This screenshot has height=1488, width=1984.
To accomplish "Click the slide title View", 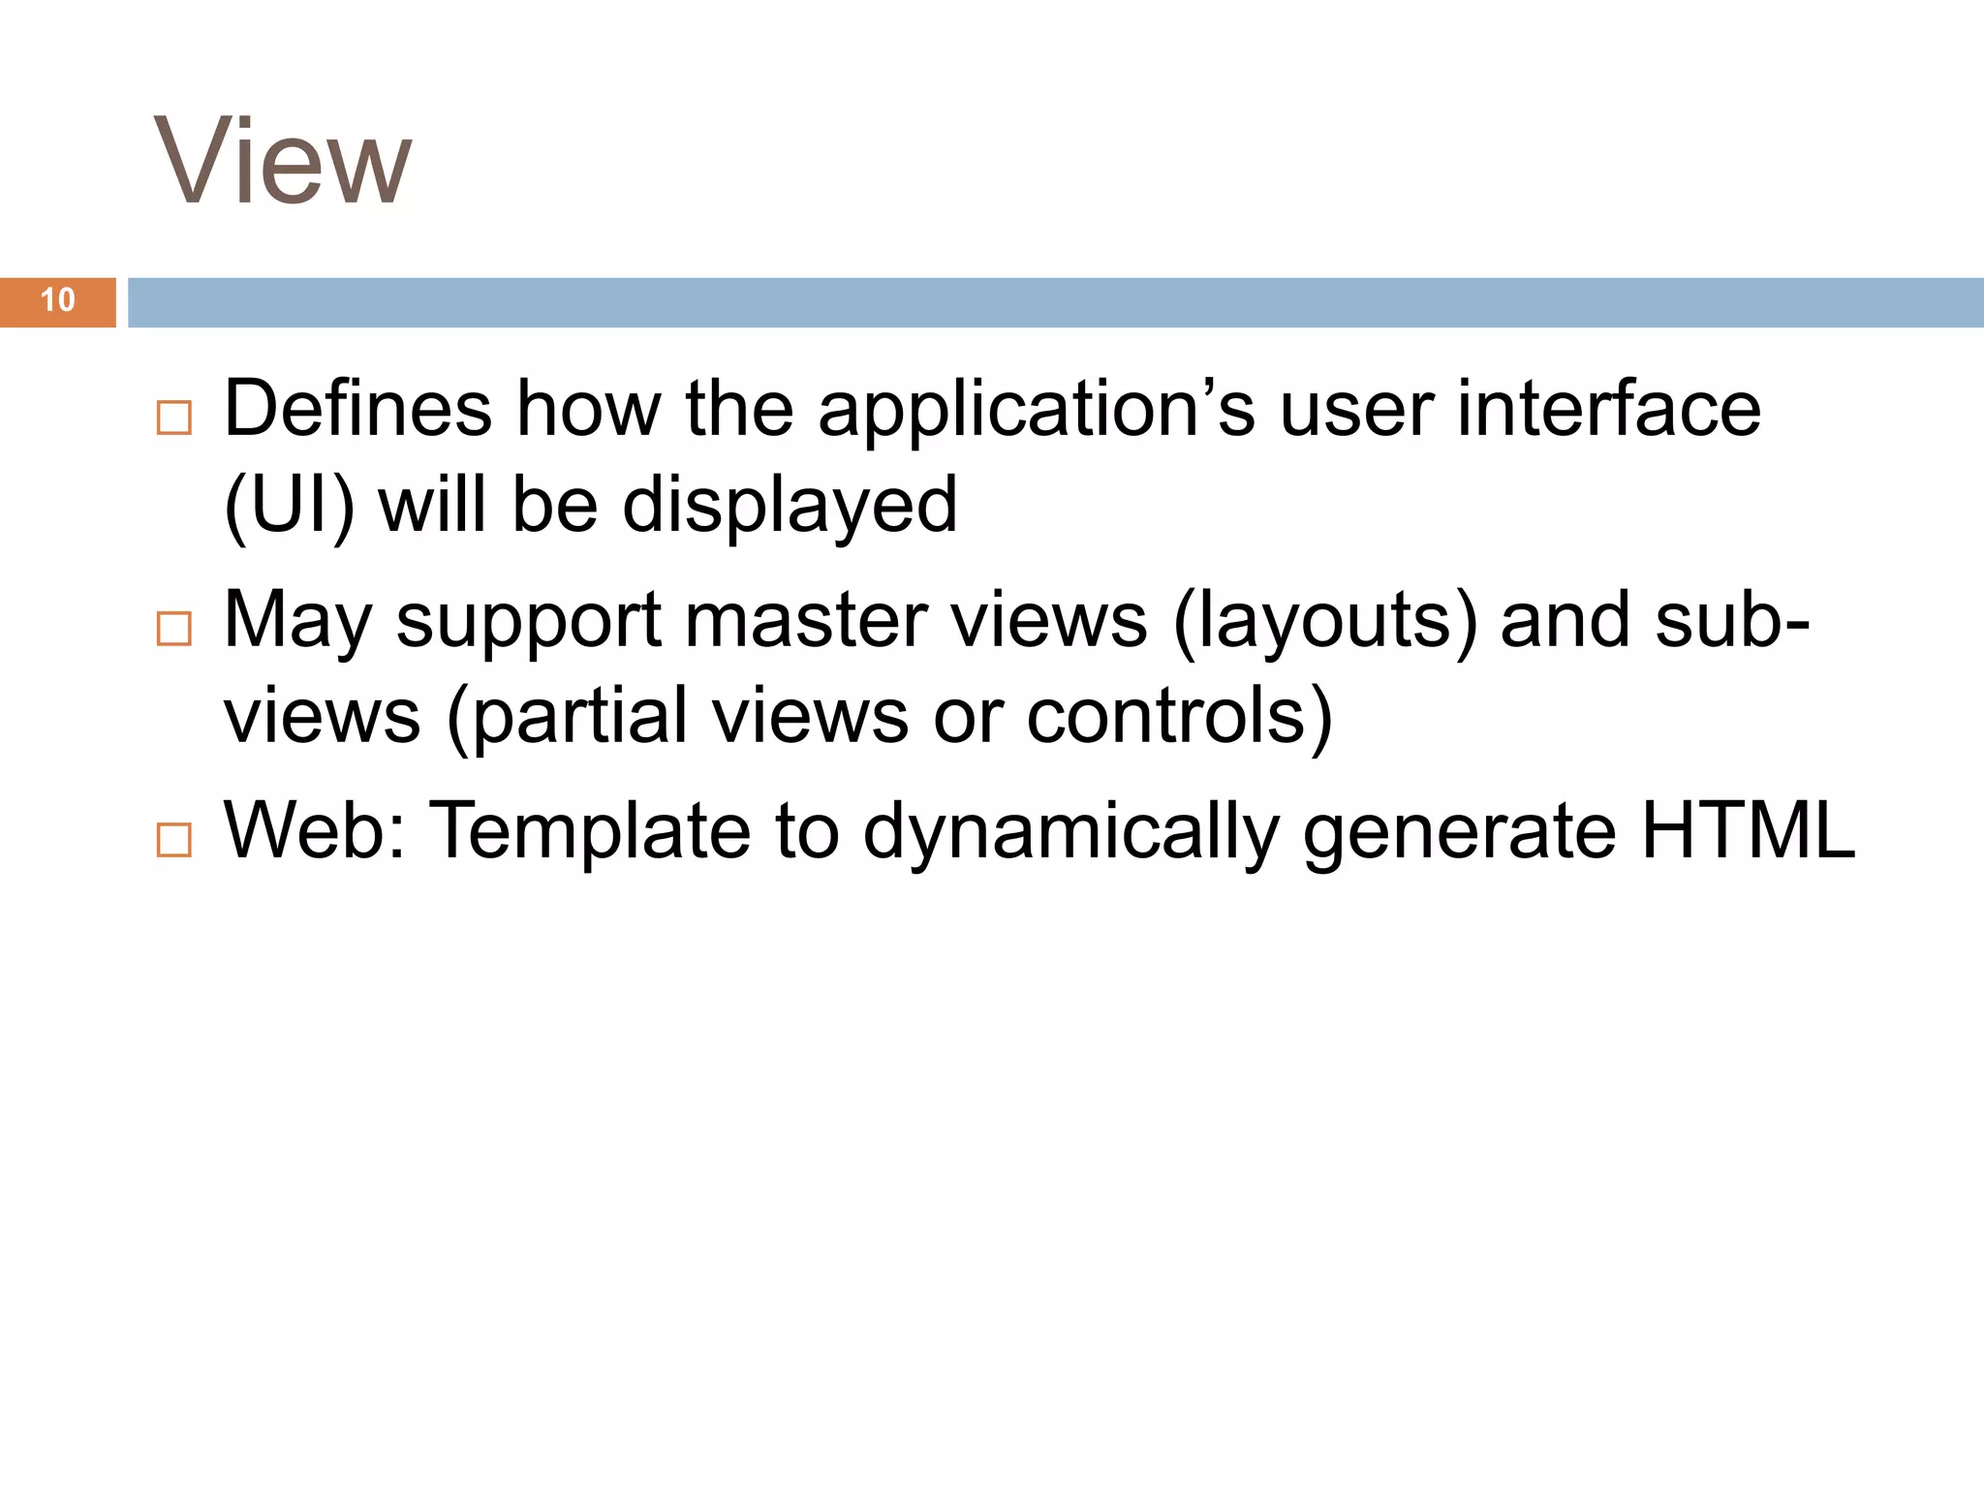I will (x=283, y=161).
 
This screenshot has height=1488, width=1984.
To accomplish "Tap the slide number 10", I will (x=58, y=300).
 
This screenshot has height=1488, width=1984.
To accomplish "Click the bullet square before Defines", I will (x=174, y=418).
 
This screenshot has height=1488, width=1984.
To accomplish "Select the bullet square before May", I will (x=174, y=629).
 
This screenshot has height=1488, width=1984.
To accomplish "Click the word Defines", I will (x=357, y=409).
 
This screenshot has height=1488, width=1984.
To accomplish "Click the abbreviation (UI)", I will (x=289, y=506).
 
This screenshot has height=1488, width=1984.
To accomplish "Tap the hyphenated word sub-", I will (x=1732, y=620).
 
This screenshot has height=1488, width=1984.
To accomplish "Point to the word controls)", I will (x=1179, y=717).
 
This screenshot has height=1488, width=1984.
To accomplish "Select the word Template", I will (x=589, y=831).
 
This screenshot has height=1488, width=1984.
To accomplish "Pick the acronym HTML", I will (x=1748, y=830).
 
